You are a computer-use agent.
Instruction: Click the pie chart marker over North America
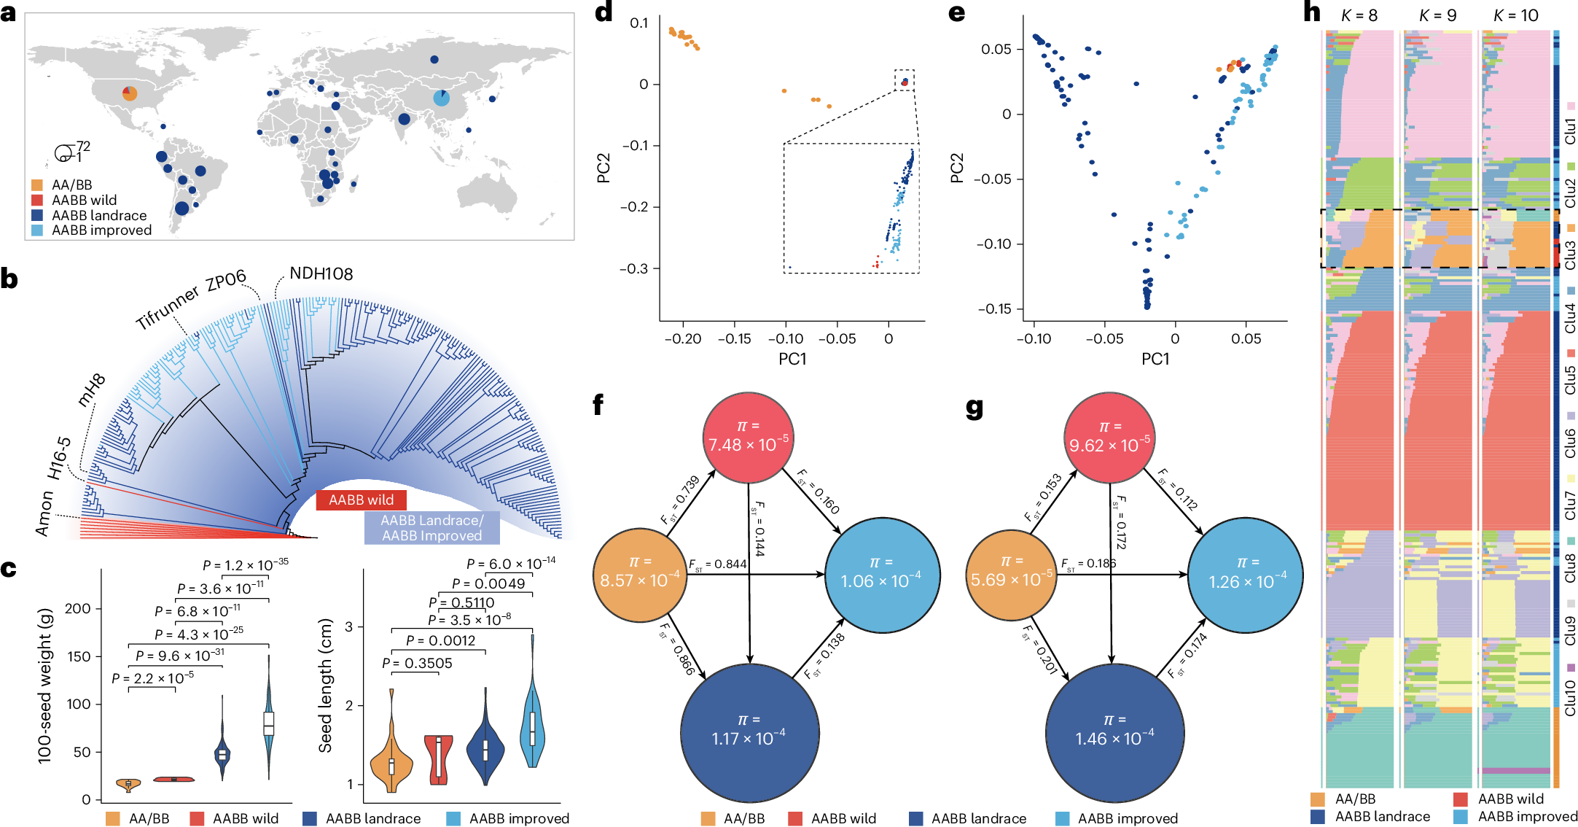[x=130, y=93]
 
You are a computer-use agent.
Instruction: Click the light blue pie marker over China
[x=441, y=98]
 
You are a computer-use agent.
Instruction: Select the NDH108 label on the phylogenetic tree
[x=321, y=273]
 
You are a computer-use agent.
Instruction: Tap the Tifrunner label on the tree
[x=168, y=307]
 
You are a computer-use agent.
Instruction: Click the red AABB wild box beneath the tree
[x=361, y=500]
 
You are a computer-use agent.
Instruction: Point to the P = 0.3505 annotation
[x=418, y=663]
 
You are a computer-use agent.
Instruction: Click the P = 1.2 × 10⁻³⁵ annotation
[x=246, y=565]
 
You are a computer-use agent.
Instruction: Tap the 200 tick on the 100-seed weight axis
[x=78, y=608]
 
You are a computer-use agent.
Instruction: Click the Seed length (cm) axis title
[x=325, y=686]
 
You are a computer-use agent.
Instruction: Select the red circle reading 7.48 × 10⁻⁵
[x=748, y=438]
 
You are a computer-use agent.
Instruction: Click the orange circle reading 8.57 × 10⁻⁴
[x=639, y=575]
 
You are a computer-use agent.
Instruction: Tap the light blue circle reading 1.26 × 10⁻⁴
[x=1246, y=575]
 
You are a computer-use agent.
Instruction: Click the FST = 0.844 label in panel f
[x=718, y=564]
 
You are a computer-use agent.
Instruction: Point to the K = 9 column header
[x=1437, y=15]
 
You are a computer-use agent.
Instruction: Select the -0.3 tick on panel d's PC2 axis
[x=633, y=268]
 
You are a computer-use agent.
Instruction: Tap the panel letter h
[x=1312, y=12]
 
